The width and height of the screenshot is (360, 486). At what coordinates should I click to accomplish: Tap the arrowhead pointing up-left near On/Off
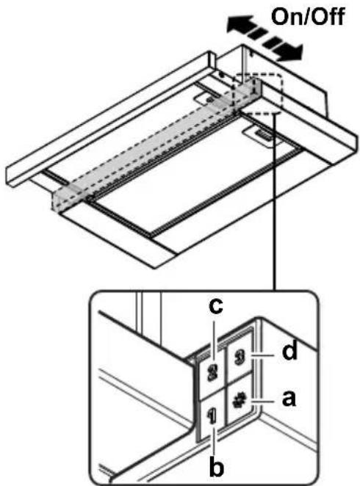click(238, 24)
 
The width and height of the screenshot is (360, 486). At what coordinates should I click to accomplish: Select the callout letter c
click(216, 306)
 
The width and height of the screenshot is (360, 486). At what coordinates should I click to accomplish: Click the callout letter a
click(289, 399)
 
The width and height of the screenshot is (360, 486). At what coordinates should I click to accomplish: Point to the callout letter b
click(216, 467)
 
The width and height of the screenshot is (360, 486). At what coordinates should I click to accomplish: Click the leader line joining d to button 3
click(263, 355)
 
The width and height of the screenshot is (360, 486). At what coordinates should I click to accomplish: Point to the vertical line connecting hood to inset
click(274, 201)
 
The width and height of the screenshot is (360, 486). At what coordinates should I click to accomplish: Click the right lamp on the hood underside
click(262, 136)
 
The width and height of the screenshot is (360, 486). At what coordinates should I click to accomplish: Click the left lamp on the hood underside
click(209, 99)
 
